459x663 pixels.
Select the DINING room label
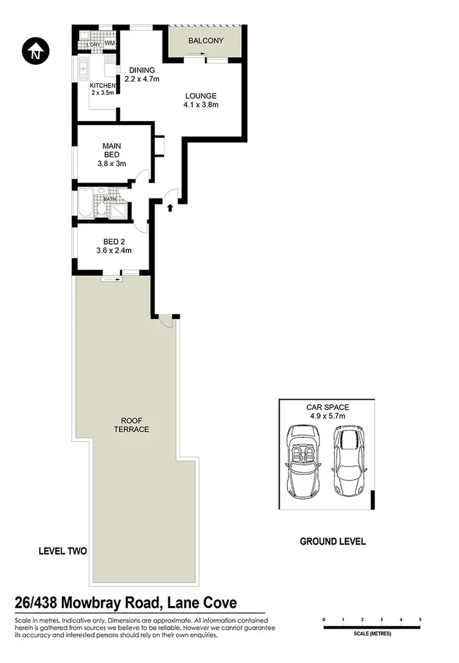(x=142, y=70)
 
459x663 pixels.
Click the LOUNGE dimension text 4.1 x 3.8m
(x=201, y=105)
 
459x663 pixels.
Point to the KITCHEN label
(x=102, y=85)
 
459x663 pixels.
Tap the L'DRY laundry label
(x=93, y=44)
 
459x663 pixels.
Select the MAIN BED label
(x=111, y=150)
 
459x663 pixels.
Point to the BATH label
(x=109, y=199)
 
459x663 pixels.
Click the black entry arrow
(x=170, y=208)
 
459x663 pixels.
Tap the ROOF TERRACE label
(x=131, y=425)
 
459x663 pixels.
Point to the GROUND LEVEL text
(x=332, y=541)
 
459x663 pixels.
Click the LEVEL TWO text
(x=62, y=551)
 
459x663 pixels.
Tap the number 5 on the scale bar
(x=420, y=620)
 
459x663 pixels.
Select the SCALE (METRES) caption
(x=372, y=635)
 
